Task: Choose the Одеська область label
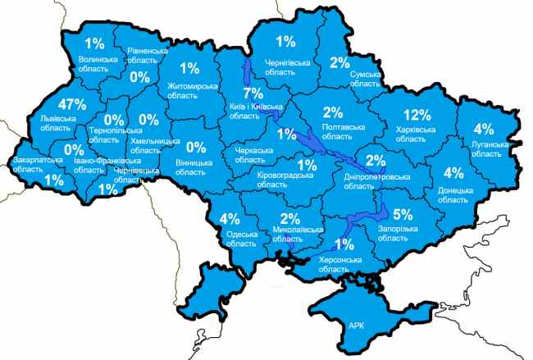243,240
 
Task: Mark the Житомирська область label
192,90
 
